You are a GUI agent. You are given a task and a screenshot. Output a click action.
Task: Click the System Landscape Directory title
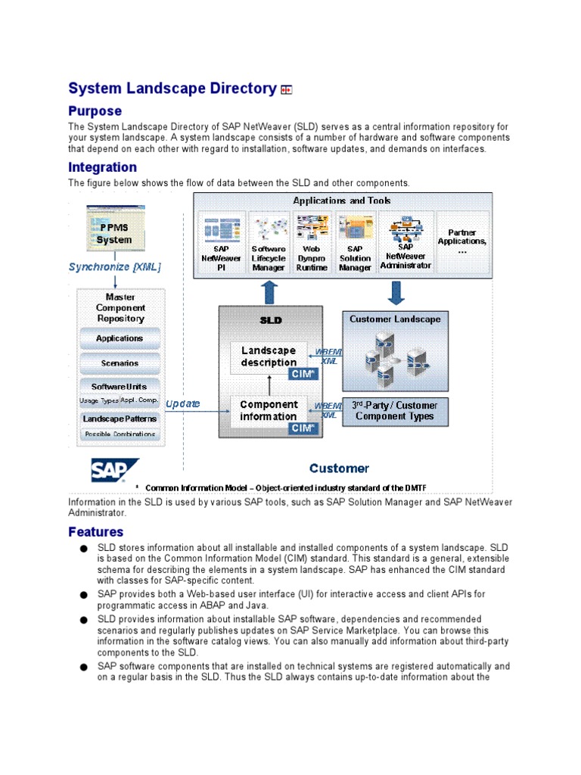[x=172, y=89]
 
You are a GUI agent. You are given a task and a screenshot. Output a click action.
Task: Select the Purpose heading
[x=95, y=111]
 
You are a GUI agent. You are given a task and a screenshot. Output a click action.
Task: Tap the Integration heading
[x=102, y=167]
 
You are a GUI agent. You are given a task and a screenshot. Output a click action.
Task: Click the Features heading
[x=95, y=532]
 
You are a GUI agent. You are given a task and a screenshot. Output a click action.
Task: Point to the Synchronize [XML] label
[x=115, y=267]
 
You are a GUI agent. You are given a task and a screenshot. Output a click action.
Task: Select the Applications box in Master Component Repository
[x=120, y=338]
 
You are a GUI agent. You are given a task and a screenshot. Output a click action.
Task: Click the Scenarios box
[x=120, y=363]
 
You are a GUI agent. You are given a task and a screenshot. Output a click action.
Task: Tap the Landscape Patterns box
[x=120, y=419]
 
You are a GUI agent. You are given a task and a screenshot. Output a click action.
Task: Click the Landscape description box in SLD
[x=269, y=356]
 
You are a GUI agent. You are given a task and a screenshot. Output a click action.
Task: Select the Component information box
[x=269, y=410]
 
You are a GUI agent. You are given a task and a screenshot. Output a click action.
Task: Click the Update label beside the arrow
[x=182, y=403]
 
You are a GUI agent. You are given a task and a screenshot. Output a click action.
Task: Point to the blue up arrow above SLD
[x=269, y=292]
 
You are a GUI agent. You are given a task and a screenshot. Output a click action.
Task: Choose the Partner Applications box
[x=462, y=241]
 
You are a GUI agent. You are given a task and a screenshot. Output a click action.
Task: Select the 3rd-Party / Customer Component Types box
[x=395, y=410]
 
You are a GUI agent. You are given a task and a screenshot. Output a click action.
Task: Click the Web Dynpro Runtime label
[x=312, y=258]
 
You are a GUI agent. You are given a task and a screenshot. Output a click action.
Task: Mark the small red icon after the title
[x=286, y=90]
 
